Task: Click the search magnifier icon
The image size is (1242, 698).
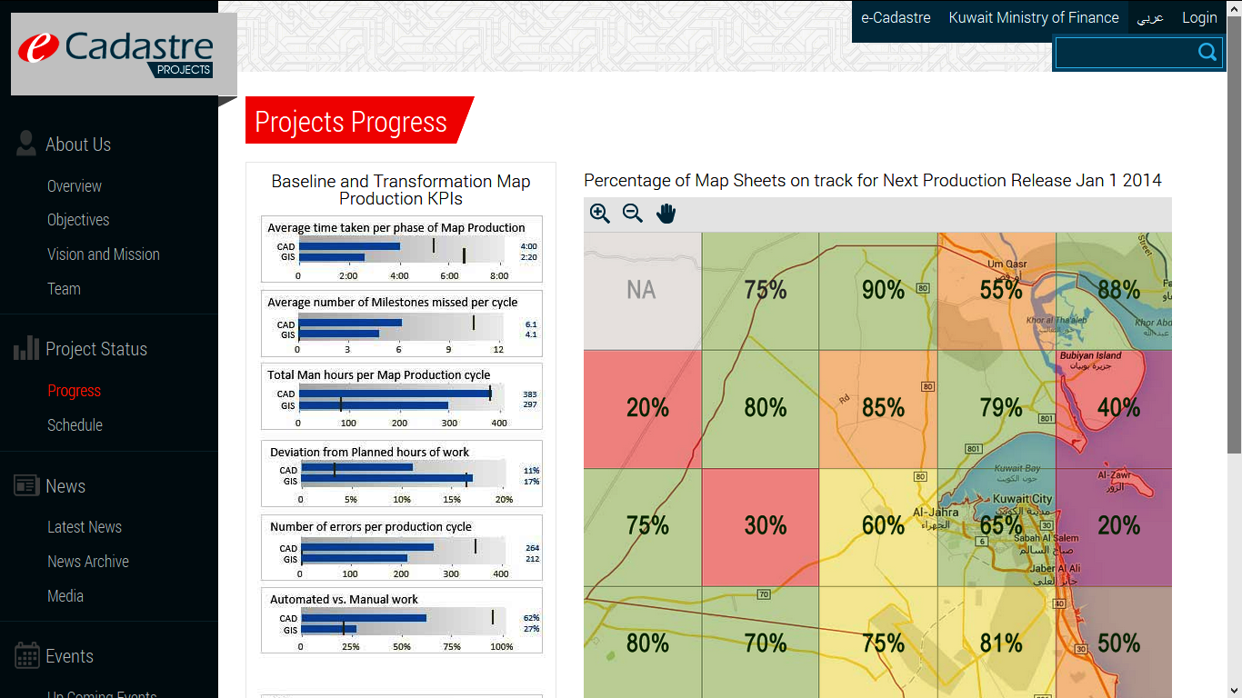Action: click(x=1207, y=53)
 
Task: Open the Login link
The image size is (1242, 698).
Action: click(x=1199, y=17)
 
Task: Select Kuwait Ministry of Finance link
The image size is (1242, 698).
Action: click(x=1033, y=17)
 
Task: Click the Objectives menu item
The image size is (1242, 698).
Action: click(x=78, y=220)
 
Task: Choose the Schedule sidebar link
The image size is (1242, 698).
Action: click(x=75, y=424)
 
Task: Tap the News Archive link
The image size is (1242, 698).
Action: click(x=88, y=562)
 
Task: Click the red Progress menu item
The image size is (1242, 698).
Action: click(x=74, y=391)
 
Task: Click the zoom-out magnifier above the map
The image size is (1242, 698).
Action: click(x=633, y=214)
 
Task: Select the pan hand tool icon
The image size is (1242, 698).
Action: click(x=666, y=214)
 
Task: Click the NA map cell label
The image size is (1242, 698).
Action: click(x=641, y=290)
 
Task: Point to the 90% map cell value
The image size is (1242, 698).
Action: click(x=883, y=290)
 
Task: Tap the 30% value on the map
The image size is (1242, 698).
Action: click(x=765, y=525)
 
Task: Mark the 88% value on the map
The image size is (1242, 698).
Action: click(x=1118, y=290)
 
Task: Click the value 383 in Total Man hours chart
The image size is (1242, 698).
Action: click(x=529, y=394)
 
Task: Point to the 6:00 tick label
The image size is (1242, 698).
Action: click(x=449, y=275)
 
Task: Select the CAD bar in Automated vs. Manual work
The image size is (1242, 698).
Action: click(x=364, y=618)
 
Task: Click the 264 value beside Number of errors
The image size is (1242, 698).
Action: click(x=532, y=548)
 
